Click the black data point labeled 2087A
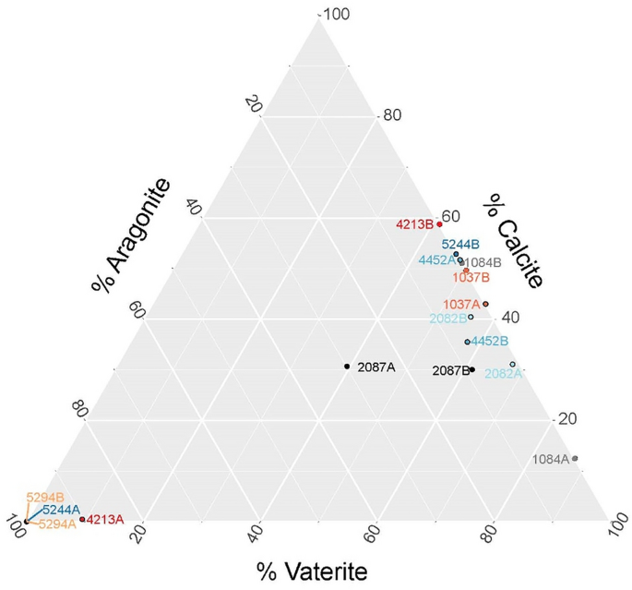[347, 367]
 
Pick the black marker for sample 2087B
[472, 370]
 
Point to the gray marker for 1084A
[575, 459]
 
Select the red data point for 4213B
[440, 223]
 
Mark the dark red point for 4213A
[82, 520]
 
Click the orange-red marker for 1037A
[485, 304]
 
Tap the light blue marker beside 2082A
[513, 365]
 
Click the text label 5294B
[44, 497]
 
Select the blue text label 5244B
[460, 245]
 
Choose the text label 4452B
[490, 342]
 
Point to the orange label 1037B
[471, 277]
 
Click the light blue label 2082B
[447, 319]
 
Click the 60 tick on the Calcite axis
[450, 216]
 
